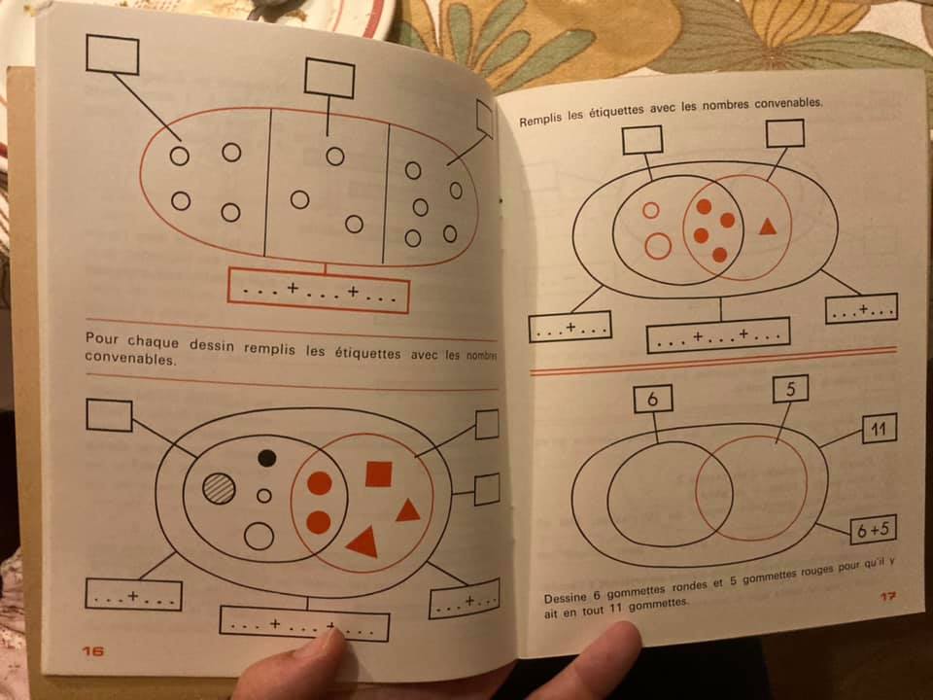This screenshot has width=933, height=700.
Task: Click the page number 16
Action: [93, 650]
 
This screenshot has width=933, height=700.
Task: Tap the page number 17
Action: [888, 596]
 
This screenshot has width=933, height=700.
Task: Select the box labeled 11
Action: [879, 429]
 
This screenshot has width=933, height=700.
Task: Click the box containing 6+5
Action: [873, 530]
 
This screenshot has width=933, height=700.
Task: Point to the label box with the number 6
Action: [653, 399]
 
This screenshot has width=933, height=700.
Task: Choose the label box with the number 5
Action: [790, 389]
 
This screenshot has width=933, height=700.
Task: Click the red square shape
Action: [378, 473]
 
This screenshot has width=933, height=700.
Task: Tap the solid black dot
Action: [267, 458]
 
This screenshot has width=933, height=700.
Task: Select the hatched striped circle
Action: [219, 489]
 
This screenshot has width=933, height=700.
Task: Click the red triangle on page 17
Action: [768, 227]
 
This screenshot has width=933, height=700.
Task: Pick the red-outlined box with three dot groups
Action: [319, 291]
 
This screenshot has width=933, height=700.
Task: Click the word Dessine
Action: [565, 597]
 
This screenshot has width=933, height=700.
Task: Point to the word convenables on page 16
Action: [130, 359]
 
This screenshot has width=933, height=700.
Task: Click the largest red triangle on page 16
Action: [363, 542]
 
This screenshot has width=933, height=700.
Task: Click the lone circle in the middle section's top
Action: [335, 156]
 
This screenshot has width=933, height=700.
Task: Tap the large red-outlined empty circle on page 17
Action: [658, 246]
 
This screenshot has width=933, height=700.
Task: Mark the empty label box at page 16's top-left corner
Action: [113, 54]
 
